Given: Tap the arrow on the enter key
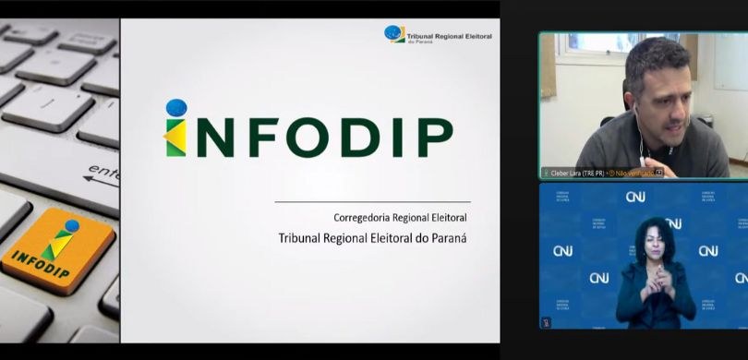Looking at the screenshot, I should click(100, 178).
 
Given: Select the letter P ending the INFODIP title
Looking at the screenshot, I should click(434, 138).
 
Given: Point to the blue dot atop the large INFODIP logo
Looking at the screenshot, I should click(176, 108).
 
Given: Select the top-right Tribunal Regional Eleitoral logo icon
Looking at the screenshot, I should click(394, 34).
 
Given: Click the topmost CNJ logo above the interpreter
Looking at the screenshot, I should click(635, 197).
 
